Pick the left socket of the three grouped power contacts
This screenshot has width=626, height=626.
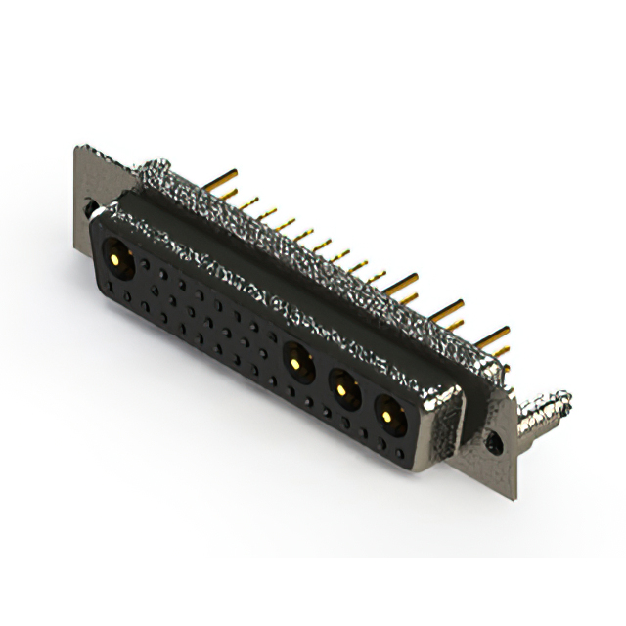296,363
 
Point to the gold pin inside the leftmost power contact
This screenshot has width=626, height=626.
114,260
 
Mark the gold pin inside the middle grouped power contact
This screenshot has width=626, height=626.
341,391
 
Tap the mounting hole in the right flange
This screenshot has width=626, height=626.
495,443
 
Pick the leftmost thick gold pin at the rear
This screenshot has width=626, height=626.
223,178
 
